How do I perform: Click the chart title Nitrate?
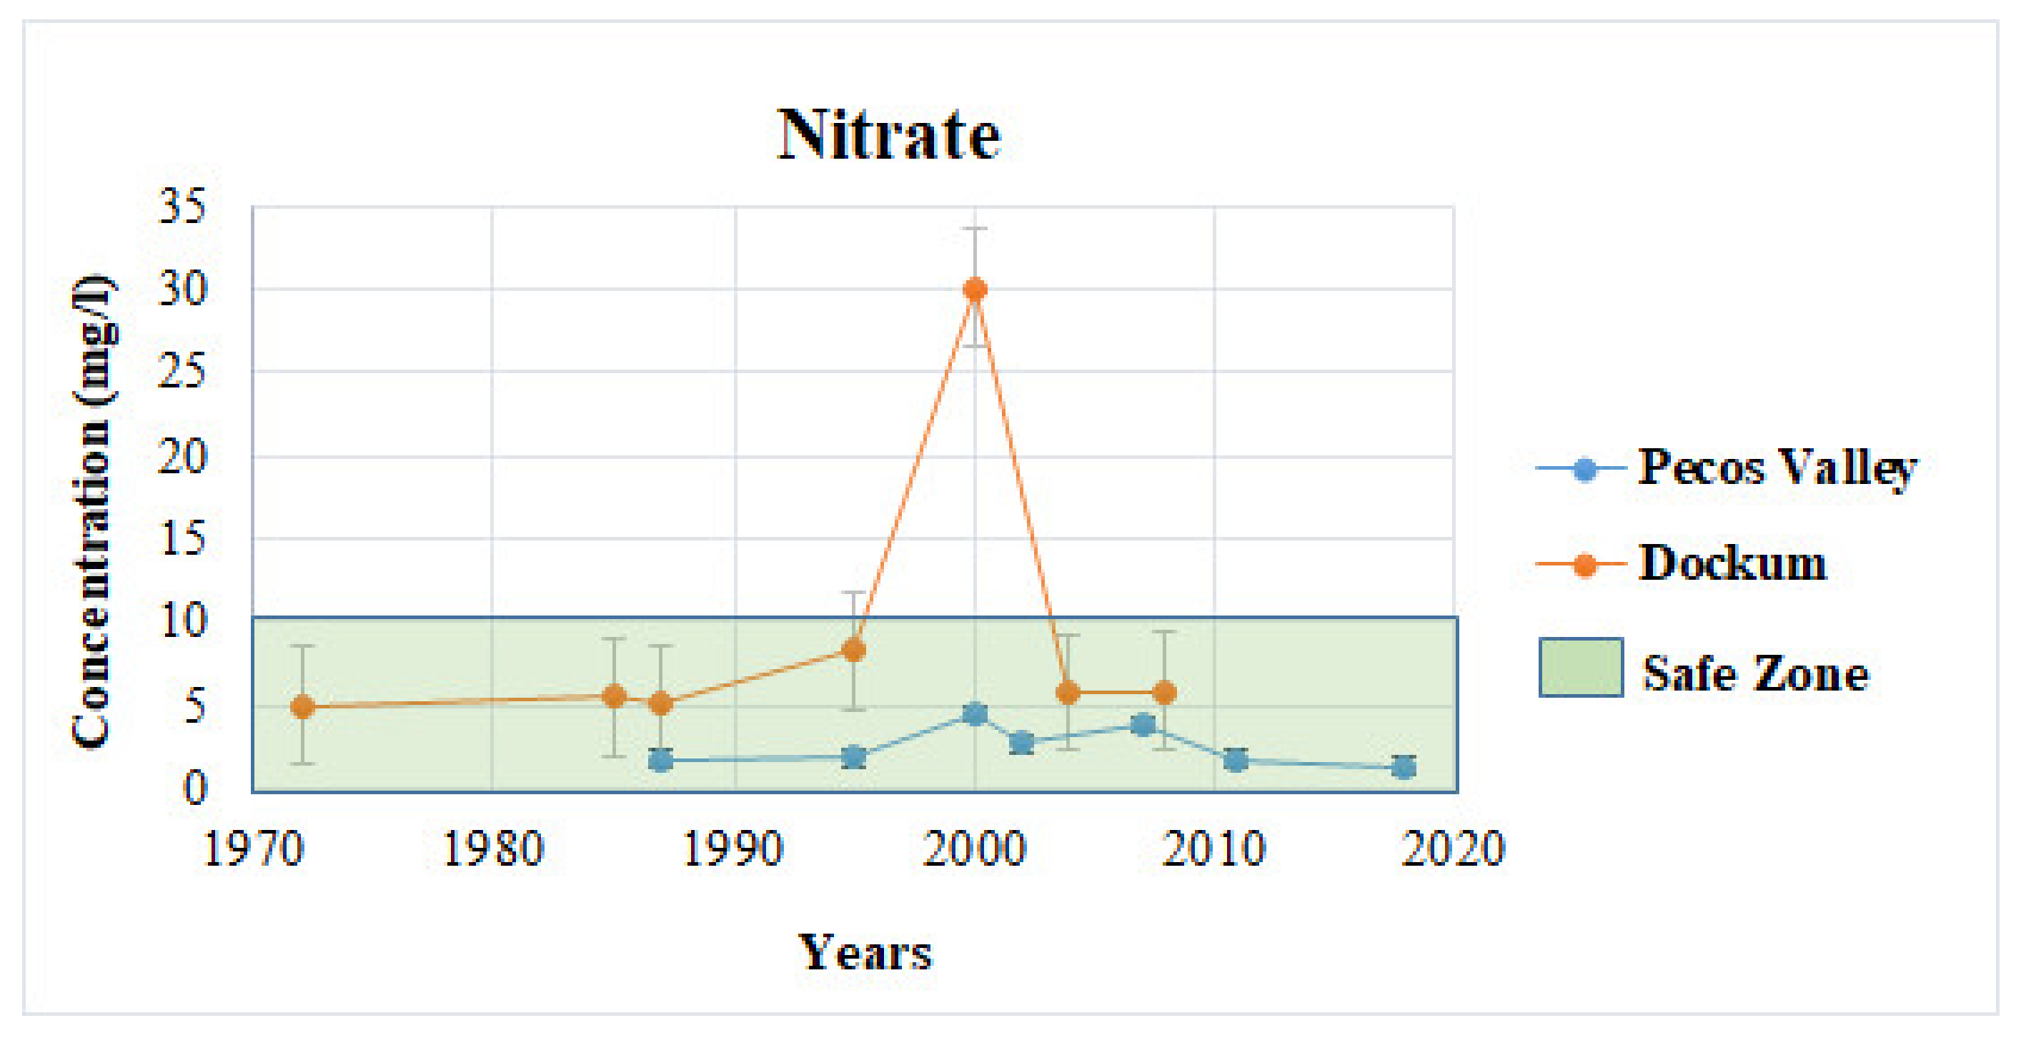pos(889,135)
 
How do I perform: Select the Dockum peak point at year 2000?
pos(975,290)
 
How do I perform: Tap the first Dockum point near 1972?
pos(303,707)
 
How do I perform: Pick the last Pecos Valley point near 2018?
pos(1404,768)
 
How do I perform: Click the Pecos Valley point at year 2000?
pos(975,714)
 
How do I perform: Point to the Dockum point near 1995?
pos(853,650)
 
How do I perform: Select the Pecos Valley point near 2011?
pos(1236,759)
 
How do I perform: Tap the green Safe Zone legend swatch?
pos(1580,668)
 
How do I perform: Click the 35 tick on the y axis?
pos(182,207)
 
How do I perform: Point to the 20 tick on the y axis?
pos(182,457)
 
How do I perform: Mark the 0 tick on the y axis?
pos(194,788)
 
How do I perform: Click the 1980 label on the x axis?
pos(492,849)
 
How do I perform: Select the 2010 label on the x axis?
pos(1213,849)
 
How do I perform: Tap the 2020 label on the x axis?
pos(1453,849)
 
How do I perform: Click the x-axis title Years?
pos(865,953)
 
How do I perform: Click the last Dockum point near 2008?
pos(1165,693)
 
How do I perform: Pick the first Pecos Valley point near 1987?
pos(660,760)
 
